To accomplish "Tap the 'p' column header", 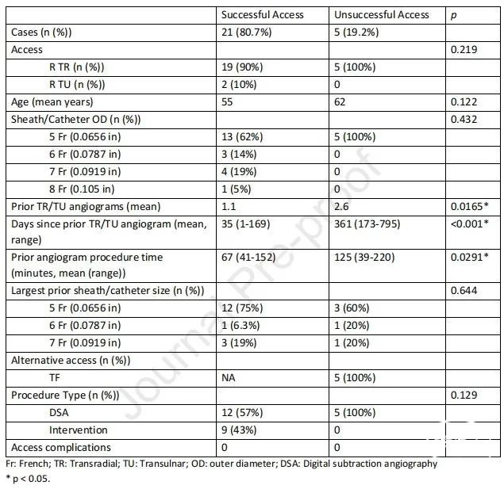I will (453, 14).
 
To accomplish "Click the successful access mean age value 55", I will (228, 102).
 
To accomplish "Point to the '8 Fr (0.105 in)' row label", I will (87, 189).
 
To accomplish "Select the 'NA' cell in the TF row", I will (229, 378).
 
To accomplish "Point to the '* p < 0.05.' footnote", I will (29, 478).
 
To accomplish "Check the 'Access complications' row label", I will (54, 448).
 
